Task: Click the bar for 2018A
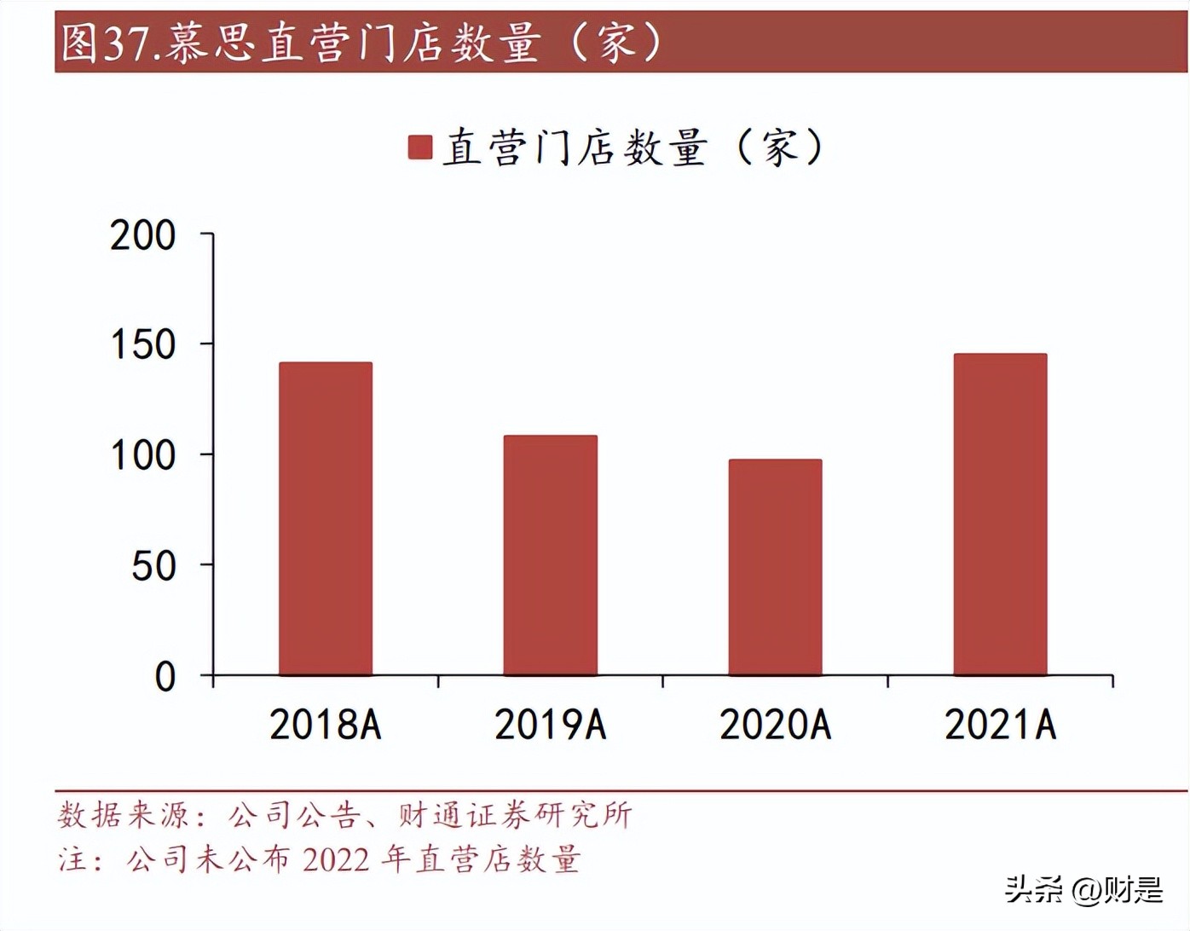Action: pyautogui.click(x=326, y=519)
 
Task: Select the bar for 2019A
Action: pyautogui.click(x=551, y=556)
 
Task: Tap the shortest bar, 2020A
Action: pyautogui.click(x=776, y=568)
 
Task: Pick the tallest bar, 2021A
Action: pyautogui.click(x=1000, y=515)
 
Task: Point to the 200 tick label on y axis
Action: pyautogui.click(x=143, y=235)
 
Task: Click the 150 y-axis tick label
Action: pyautogui.click(x=143, y=345)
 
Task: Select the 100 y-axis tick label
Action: pyautogui.click(x=143, y=456)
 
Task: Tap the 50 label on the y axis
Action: pyautogui.click(x=153, y=566)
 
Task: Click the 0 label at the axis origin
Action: pyautogui.click(x=165, y=677)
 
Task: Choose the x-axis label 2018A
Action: pyautogui.click(x=326, y=725)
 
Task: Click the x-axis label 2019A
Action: pyautogui.click(x=551, y=725)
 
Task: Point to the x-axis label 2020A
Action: pyautogui.click(x=776, y=725)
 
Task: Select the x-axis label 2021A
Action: pyautogui.click(x=1000, y=725)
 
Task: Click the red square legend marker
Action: pyautogui.click(x=420, y=147)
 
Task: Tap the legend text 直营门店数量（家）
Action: pyautogui.click(x=633, y=147)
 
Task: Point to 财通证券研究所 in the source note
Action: pyautogui.click(x=515, y=816)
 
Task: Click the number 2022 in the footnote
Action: pyautogui.click(x=336, y=859)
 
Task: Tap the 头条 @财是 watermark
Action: pyautogui.click(x=1083, y=890)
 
